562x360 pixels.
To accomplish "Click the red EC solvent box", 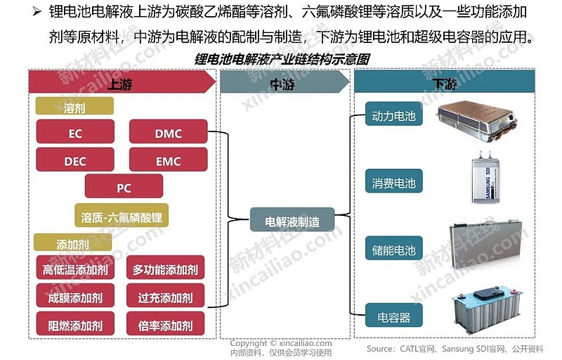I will pyautogui.click(x=75, y=133).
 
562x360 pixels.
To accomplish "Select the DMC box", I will pyautogui.click(x=168, y=133).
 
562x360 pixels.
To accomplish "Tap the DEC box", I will pyautogui.click(x=75, y=161).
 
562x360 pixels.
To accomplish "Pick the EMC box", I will pyautogui.click(x=168, y=161).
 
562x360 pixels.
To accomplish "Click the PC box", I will pyautogui.click(x=124, y=188).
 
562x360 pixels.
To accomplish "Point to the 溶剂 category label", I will pyautogui.click(x=74, y=109).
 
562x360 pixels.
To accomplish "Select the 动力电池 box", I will pyautogui.click(x=393, y=116).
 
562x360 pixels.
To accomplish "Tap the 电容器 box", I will pyautogui.click(x=393, y=318).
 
